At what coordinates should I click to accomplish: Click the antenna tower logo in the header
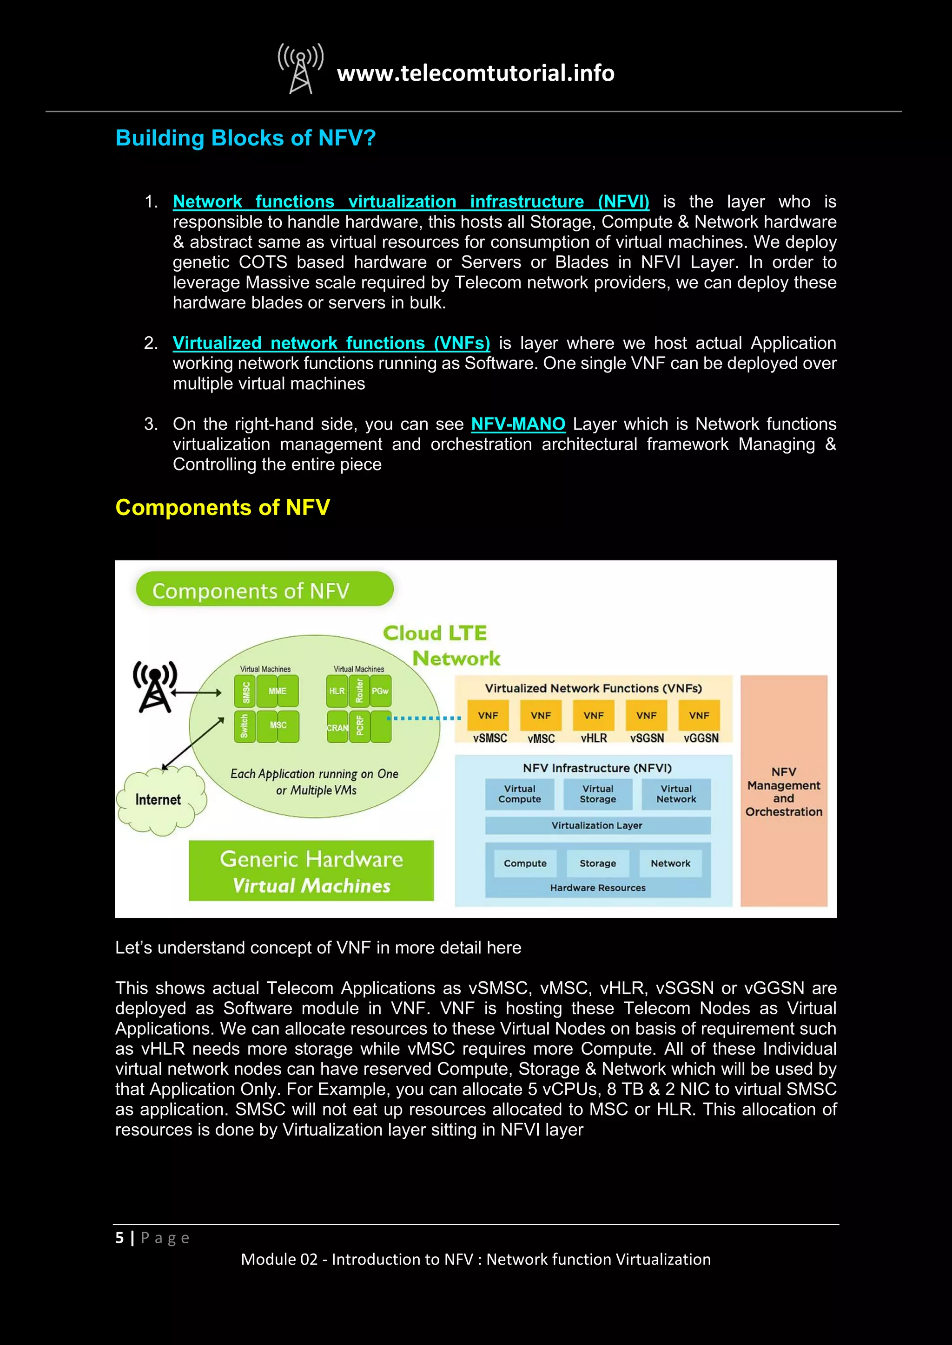click(x=301, y=69)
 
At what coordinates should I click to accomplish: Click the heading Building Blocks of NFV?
click(x=245, y=138)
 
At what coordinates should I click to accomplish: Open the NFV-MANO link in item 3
click(x=518, y=424)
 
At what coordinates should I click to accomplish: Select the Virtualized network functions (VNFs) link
click(x=331, y=343)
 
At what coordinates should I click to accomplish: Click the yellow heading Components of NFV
click(x=223, y=507)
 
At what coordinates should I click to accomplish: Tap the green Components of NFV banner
click(x=264, y=589)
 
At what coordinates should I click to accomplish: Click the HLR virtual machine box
click(x=337, y=691)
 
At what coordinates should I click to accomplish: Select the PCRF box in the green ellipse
click(x=360, y=726)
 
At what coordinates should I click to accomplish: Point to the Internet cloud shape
click(x=159, y=800)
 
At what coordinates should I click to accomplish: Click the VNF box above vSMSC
click(x=488, y=715)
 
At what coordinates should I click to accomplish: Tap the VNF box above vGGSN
click(x=699, y=715)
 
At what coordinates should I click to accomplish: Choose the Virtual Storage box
click(x=597, y=794)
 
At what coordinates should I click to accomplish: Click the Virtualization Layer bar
click(x=597, y=825)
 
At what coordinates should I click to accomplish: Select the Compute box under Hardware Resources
click(x=525, y=863)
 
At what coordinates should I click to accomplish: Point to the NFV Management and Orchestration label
click(x=784, y=791)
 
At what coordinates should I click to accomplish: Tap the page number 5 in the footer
click(x=119, y=1238)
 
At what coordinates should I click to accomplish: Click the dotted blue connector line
click(x=424, y=718)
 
